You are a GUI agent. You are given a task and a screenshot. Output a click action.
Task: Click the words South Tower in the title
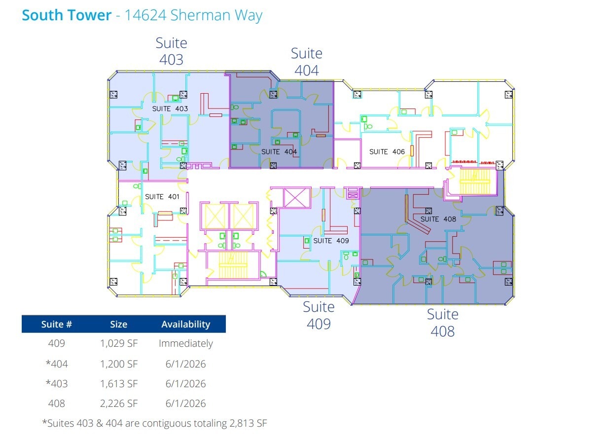coord(67,15)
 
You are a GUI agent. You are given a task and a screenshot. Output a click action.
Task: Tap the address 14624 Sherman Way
coord(193,15)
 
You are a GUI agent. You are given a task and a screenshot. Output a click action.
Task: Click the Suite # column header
coord(56,324)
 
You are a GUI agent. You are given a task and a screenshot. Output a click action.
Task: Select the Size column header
coord(118,324)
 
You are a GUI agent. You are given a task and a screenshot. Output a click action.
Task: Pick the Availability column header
coord(185,324)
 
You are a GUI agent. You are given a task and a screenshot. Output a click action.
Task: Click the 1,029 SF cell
coord(118,344)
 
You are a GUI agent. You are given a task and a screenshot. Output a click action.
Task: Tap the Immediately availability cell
coord(185,344)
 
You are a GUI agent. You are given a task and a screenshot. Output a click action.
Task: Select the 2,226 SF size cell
coord(118,403)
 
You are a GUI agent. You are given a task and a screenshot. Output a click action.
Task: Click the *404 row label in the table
coord(56,364)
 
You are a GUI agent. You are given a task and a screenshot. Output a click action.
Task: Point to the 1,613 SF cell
coord(118,384)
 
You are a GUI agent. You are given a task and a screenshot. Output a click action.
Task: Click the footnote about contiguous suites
coord(154,423)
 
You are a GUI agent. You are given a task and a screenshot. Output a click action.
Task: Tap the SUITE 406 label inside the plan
coord(387,152)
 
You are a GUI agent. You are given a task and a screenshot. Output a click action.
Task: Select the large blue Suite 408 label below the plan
coord(442,323)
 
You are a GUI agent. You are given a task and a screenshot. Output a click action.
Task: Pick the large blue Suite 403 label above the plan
coord(171,51)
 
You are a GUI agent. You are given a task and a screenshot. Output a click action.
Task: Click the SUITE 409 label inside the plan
coord(331,241)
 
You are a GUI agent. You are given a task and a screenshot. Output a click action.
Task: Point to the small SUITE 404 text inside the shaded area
coord(279,152)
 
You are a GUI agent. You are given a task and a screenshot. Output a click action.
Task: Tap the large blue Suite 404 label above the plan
coord(306,62)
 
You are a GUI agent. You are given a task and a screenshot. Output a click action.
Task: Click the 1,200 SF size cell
coord(118,364)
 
